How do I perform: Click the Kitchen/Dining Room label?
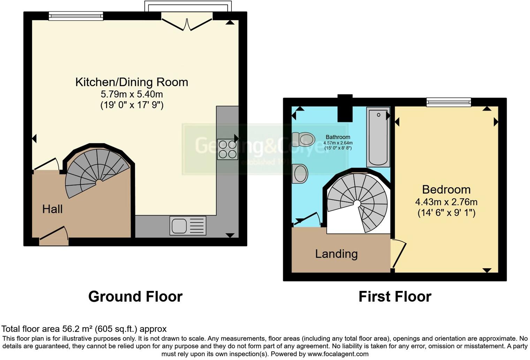coord(131,82)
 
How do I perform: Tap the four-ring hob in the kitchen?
coord(227,149)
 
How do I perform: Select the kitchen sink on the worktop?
coord(188,225)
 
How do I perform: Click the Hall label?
coord(52,209)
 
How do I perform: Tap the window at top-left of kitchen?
coord(76,16)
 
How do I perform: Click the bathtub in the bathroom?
coord(378,137)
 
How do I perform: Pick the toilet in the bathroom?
coord(303,139)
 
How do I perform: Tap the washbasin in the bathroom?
coord(300,173)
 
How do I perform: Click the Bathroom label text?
coord(338,137)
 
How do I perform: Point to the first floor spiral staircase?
coord(358,203)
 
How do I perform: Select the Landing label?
coord(336,254)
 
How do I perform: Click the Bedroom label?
coord(446,190)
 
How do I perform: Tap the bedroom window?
coord(449,102)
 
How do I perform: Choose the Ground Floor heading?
coord(135,297)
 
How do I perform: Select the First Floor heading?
coord(395,297)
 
